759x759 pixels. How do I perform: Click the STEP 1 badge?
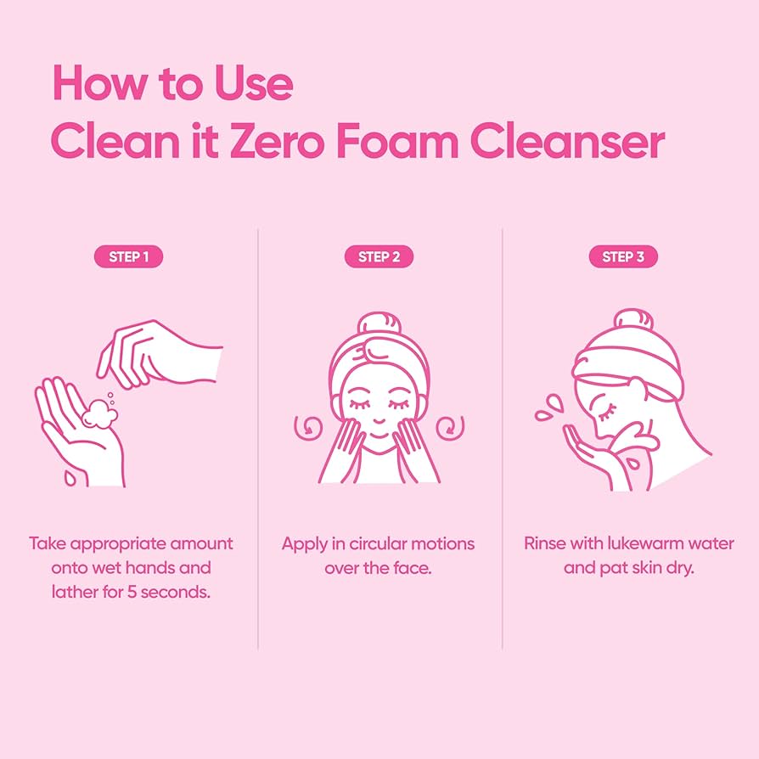pos(130,256)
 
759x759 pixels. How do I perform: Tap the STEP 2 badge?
pos(379,256)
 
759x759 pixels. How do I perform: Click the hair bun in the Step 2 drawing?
pos(379,323)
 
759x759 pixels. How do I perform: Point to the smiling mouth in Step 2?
pos(379,432)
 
